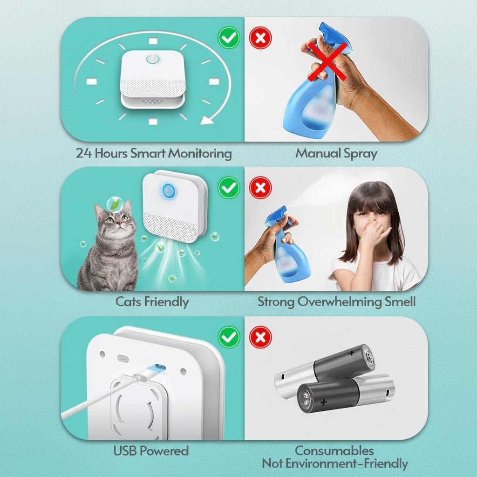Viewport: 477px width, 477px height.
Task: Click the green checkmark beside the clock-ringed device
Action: (x=229, y=38)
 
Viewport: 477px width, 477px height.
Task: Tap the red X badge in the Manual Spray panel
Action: (x=260, y=38)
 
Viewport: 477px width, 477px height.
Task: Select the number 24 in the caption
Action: (x=84, y=153)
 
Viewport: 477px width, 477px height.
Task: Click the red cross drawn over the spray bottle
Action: (x=327, y=60)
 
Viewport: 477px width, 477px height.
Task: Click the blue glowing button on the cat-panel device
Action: (x=168, y=190)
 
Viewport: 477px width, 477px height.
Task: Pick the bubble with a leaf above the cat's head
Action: (x=115, y=204)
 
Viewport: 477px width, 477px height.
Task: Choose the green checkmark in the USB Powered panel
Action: (x=229, y=336)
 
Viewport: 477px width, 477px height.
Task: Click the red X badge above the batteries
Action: (x=260, y=336)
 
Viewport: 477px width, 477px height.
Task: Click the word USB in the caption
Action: (x=126, y=451)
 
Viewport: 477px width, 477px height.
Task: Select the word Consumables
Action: (x=334, y=451)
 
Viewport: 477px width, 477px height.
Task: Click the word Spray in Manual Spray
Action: (x=359, y=153)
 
